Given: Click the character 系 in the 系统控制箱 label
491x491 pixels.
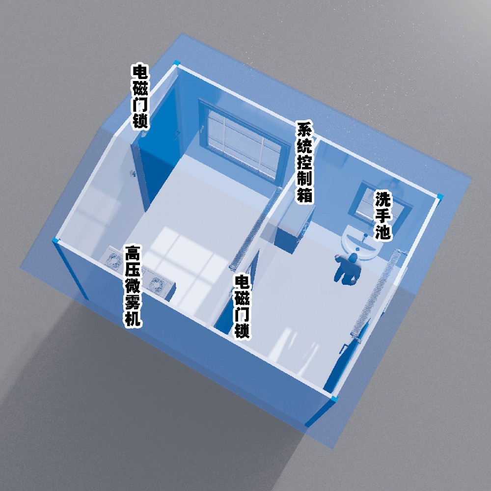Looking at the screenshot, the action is coord(305,130).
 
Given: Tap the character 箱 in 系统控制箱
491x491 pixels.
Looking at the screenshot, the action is coord(305,194).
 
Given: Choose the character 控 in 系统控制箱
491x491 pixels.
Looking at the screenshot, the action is coord(305,162).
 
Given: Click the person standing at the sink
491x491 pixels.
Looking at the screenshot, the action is coord(347,269).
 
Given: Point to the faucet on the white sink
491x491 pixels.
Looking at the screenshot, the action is coord(364,238).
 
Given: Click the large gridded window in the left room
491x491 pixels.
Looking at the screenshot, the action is coord(244,141).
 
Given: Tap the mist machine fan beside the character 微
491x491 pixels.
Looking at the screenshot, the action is coord(156,284).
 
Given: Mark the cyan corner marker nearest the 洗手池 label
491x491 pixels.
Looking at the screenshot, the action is coord(440,197).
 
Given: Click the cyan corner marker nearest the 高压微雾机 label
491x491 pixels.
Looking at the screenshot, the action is coord(56,241).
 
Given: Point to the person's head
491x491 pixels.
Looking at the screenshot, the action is coord(353,258).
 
